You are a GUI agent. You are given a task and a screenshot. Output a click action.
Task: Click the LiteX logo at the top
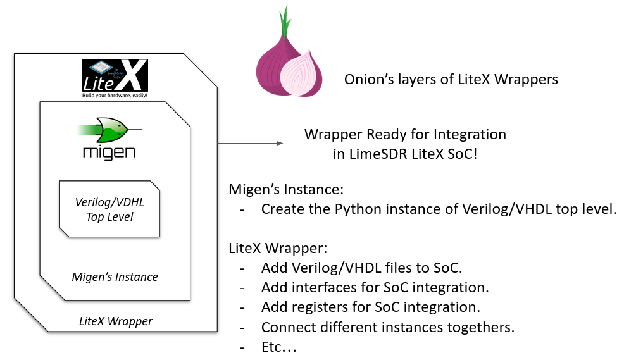click(115, 78)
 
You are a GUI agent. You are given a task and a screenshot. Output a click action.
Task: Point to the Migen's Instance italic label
click(115, 276)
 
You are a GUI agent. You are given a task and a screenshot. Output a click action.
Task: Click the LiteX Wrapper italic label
click(116, 321)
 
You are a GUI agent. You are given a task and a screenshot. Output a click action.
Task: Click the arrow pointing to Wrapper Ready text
click(251, 144)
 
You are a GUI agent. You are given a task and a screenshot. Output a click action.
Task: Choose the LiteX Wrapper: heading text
click(277, 247)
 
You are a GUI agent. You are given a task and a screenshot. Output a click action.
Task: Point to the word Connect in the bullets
click(285, 328)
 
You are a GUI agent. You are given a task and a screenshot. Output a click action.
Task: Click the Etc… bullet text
click(279, 347)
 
